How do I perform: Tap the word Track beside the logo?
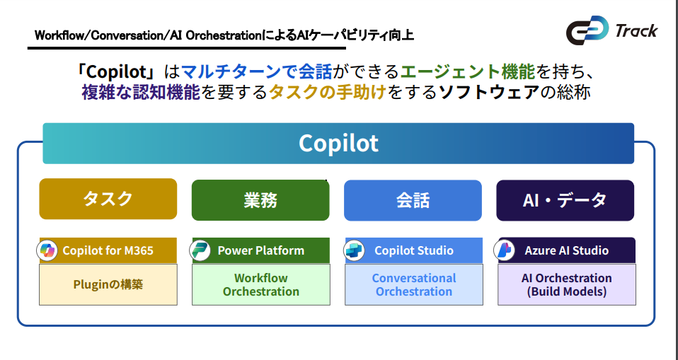tap(636, 30)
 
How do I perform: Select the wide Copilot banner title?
tap(338, 143)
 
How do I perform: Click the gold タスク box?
tap(108, 199)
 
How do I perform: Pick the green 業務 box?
tap(260, 200)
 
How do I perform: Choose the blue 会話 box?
tap(413, 200)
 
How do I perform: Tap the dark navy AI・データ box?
tap(565, 200)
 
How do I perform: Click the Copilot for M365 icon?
tap(48, 250)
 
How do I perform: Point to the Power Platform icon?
tap(201, 250)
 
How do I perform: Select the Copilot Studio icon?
tap(354, 250)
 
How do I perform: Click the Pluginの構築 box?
tap(108, 284)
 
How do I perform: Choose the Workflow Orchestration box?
tap(260, 284)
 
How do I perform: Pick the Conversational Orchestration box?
tap(413, 284)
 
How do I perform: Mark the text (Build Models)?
tap(566, 291)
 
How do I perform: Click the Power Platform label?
tap(260, 250)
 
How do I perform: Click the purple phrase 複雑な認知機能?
tap(141, 93)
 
